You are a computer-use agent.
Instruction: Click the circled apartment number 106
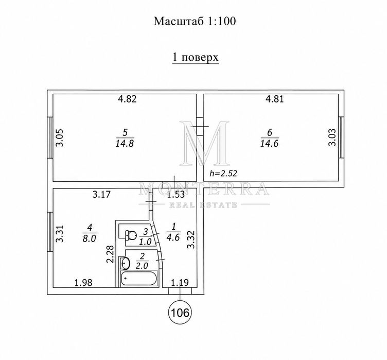pos(180,313)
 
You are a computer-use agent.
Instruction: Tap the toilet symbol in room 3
pos(130,235)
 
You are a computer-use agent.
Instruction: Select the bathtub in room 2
pos(139,279)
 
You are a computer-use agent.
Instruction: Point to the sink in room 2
pos(125,263)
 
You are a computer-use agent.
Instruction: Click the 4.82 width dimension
pos(127,99)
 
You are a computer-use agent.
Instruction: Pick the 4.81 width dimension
pos(275,99)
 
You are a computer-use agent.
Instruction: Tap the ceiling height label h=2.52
pos(223,173)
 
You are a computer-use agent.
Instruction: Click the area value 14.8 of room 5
pos(125,143)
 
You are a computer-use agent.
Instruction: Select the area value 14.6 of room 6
pos(269,143)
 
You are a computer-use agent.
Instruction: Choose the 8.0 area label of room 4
pos(90,238)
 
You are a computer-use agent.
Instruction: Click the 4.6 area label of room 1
pos(173,238)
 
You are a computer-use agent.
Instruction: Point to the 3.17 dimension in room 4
pos(102,195)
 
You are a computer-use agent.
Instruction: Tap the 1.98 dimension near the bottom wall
pos(83,282)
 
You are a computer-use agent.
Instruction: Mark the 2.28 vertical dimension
pos(110,254)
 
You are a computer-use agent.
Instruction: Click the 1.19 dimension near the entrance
pos(180,282)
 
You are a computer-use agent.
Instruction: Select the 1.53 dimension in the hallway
pos(175,195)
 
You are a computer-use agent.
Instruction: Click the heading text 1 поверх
pos(195,57)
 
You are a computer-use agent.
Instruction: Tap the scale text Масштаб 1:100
pos(195,21)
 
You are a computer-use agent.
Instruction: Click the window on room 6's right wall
pos(341,137)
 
